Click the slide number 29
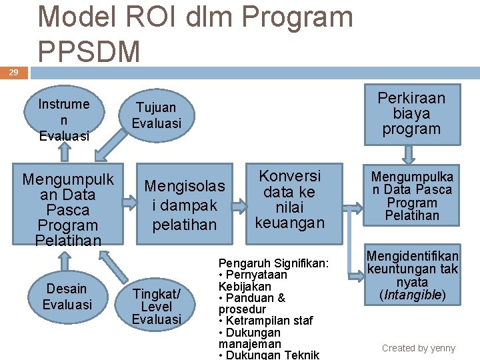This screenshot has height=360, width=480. coord(13,72)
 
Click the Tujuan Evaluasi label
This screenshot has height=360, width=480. coord(156,115)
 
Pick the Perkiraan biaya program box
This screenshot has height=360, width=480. coord(411,114)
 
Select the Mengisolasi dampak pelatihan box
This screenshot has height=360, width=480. coord(185,205)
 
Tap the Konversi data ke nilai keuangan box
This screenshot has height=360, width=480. coord(289,199)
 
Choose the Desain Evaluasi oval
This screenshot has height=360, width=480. coord(67,297)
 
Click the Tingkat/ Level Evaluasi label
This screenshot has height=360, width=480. coord(157,307)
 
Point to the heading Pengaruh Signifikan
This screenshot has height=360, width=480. coord(273,263)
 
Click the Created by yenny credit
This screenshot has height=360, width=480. coord(418,348)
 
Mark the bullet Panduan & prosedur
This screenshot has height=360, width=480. coord(252,303)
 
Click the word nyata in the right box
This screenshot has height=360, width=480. coord(413,281)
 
